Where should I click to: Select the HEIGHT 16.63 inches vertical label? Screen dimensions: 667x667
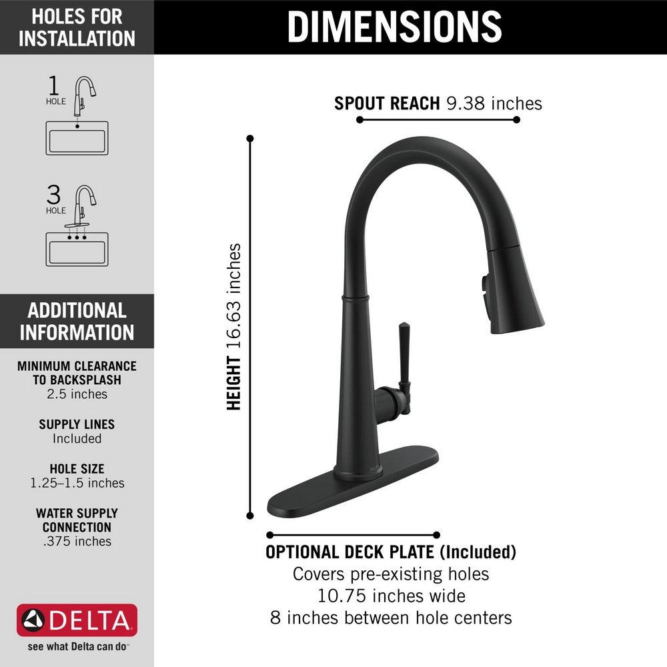[233, 327]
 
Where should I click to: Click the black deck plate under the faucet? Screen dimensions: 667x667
[354, 484]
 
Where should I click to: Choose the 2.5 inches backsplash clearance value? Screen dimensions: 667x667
[77, 394]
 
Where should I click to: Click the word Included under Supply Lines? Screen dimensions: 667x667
[77, 439]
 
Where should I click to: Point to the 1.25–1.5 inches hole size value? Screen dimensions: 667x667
[77, 483]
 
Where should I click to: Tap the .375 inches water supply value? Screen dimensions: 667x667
[77, 541]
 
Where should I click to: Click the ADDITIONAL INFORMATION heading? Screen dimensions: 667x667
[77, 321]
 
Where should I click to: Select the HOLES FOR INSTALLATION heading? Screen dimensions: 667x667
[77, 27]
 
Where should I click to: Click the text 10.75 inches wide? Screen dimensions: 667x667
[391, 595]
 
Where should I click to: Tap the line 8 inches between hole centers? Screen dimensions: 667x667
[391, 617]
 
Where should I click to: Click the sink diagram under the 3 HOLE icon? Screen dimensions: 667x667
[77, 249]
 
